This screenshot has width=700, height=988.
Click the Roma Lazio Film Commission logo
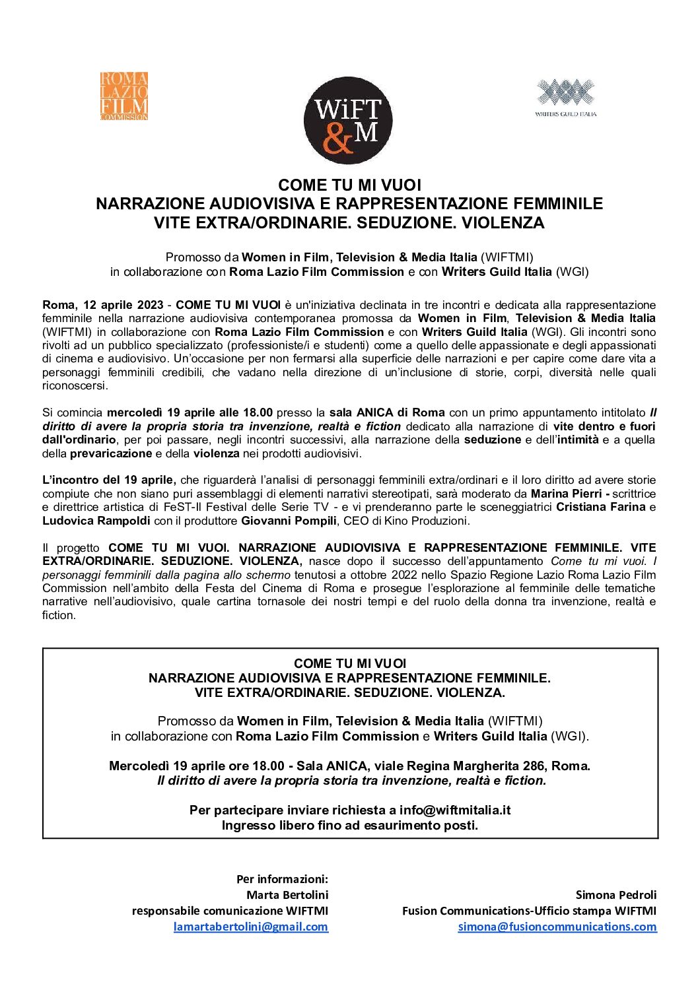[124, 96]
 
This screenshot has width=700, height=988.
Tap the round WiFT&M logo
[348, 120]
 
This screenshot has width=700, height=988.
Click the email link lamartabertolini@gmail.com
[251, 927]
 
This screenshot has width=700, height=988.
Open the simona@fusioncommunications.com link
[557, 927]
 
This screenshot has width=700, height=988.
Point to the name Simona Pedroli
[616, 895]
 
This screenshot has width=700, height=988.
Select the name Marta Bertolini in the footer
[287, 895]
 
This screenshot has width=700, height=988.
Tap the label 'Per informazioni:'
[282, 879]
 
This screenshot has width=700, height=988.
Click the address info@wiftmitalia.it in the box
[455, 810]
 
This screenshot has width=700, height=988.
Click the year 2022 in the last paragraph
[404, 575]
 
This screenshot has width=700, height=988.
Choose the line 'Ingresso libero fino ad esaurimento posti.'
[350, 825]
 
